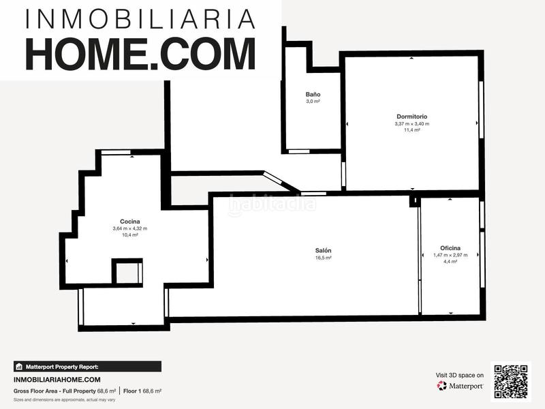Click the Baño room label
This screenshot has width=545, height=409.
313,94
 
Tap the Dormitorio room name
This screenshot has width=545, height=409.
411,117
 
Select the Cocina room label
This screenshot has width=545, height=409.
130,222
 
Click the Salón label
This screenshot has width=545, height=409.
323,251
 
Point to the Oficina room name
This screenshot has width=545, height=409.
450,248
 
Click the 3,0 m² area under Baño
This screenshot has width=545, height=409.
313,101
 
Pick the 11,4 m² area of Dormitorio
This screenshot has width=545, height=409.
411,130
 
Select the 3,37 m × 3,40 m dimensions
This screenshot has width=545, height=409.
411,123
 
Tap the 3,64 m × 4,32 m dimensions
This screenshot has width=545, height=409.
130,228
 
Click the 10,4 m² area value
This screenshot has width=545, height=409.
130,235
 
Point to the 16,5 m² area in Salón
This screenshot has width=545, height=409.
323,258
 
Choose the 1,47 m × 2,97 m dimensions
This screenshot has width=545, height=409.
450,255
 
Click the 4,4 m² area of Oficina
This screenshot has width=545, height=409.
450,261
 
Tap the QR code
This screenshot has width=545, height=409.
510,381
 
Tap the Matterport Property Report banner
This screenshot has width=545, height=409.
87,366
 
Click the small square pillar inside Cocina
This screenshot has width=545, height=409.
127,273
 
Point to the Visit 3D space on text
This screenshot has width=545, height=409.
460,375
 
